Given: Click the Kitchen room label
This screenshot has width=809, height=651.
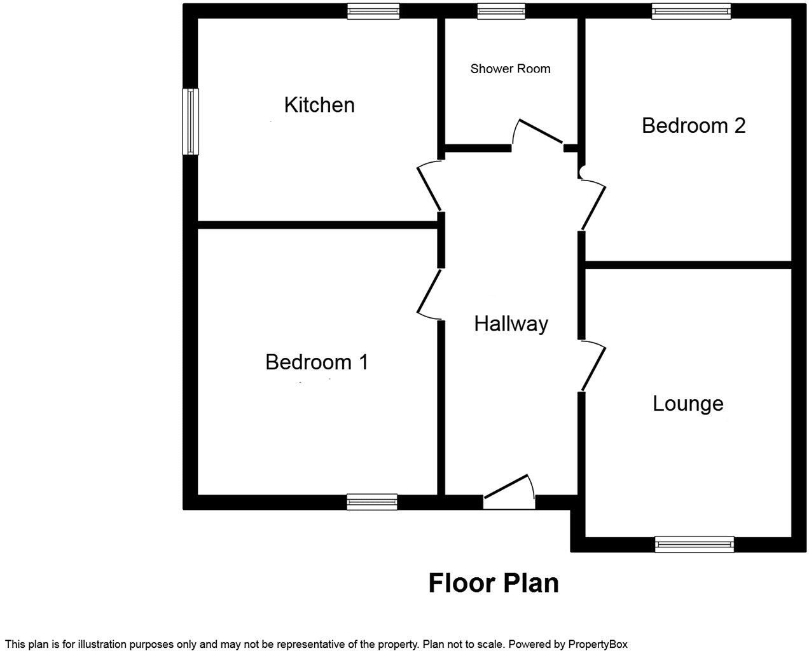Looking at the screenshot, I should [x=319, y=105].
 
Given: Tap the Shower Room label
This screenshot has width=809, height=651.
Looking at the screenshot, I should [x=510, y=69].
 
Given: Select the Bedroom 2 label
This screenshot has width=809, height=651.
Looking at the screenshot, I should [x=693, y=125].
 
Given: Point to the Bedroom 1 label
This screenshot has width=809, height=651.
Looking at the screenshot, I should [x=317, y=362].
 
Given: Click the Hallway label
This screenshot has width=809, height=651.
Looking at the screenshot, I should [x=511, y=324].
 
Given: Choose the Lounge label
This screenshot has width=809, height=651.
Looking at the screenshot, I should [x=688, y=404].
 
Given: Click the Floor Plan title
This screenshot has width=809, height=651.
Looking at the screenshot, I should [x=494, y=583].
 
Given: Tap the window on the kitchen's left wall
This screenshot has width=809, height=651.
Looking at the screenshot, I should [x=190, y=121].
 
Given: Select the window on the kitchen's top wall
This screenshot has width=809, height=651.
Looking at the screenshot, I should [x=373, y=11].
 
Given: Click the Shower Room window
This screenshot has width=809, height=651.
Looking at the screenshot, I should [x=501, y=11].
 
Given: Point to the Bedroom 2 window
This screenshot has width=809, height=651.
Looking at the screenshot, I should [x=691, y=11].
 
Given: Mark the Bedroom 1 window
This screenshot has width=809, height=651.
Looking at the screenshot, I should [x=372, y=502].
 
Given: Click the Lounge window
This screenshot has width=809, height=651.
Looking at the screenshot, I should [x=694, y=544].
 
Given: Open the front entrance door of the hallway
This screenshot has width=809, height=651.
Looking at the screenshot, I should [x=509, y=492].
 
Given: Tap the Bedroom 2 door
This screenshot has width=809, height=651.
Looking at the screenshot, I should [x=593, y=205].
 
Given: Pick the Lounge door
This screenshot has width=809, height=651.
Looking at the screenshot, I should [x=593, y=366].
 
